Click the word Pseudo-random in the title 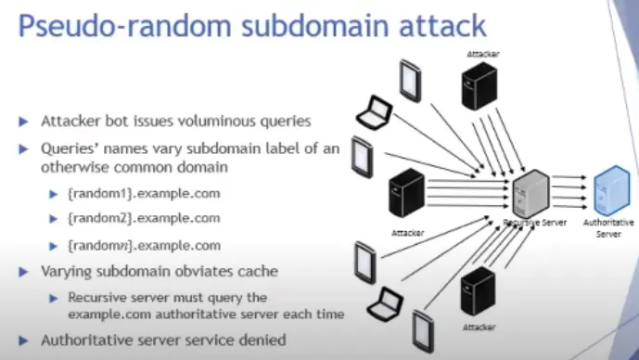coord(124,26)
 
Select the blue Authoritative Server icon coord(612,190)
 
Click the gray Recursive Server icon coord(531,194)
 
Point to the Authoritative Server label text coord(608,228)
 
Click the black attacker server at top coord(479,85)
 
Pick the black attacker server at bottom coord(478,291)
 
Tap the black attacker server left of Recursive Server coord(407,192)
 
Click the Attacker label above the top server coord(483,54)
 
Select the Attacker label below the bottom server coord(479,327)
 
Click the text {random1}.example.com coord(144,193)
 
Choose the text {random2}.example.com coord(144,218)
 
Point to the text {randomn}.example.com coord(145,246)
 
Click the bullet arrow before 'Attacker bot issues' coord(23,122)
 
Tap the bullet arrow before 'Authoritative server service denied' coord(23,341)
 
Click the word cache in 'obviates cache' coord(258,272)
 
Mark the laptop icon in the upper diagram coord(374,112)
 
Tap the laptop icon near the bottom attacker coord(385,304)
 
